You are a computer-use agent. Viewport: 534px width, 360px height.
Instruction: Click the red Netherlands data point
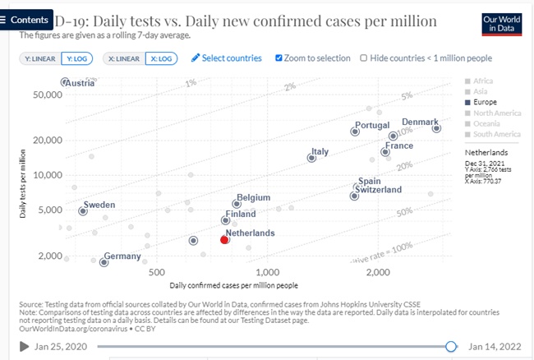coord(225,239)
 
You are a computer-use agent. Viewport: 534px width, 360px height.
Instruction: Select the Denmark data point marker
coord(436,128)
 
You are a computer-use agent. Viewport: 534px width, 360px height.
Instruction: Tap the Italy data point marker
coord(311,158)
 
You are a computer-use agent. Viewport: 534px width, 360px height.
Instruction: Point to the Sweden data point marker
coord(82,211)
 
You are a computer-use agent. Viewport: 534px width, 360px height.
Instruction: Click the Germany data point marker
coord(104,262)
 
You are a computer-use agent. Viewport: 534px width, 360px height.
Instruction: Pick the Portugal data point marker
coord(356,132)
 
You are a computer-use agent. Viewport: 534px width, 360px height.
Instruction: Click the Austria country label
coord(80,83)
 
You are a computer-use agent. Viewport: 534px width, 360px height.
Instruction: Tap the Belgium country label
coord(253,198)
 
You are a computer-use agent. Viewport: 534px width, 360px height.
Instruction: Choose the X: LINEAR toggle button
coord(122,58)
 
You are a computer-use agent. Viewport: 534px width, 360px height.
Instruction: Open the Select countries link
coord(226,58)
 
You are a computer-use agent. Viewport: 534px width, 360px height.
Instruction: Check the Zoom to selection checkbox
coord(279,58)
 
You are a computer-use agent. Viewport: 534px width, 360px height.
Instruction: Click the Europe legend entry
coord(486,102)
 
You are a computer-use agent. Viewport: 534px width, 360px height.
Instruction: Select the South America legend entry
coord(496,134)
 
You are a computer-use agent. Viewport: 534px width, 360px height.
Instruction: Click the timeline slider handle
coord(450,347)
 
